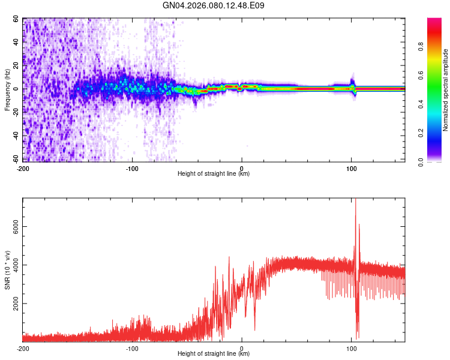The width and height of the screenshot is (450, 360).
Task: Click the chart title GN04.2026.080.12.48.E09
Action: coord(214,6)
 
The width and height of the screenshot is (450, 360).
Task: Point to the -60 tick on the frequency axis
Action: coord(15,159)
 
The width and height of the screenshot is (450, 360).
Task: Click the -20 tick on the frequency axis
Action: coord(15,112)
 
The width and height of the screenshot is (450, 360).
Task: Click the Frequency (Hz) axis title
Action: coord(7,89)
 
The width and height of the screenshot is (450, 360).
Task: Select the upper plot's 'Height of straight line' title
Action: coord(214,174)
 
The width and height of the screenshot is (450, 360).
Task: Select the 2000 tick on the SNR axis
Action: coord(13,304)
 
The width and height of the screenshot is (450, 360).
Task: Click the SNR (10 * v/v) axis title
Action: coord(7,270)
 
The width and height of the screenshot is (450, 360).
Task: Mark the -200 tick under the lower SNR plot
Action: coord(22,349)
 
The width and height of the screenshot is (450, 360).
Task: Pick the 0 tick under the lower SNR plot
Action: coord(242,349)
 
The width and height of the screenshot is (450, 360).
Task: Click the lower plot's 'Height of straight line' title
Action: coord(214,354)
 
